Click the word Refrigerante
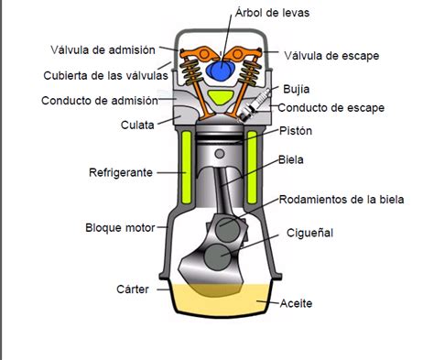(121, 171)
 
